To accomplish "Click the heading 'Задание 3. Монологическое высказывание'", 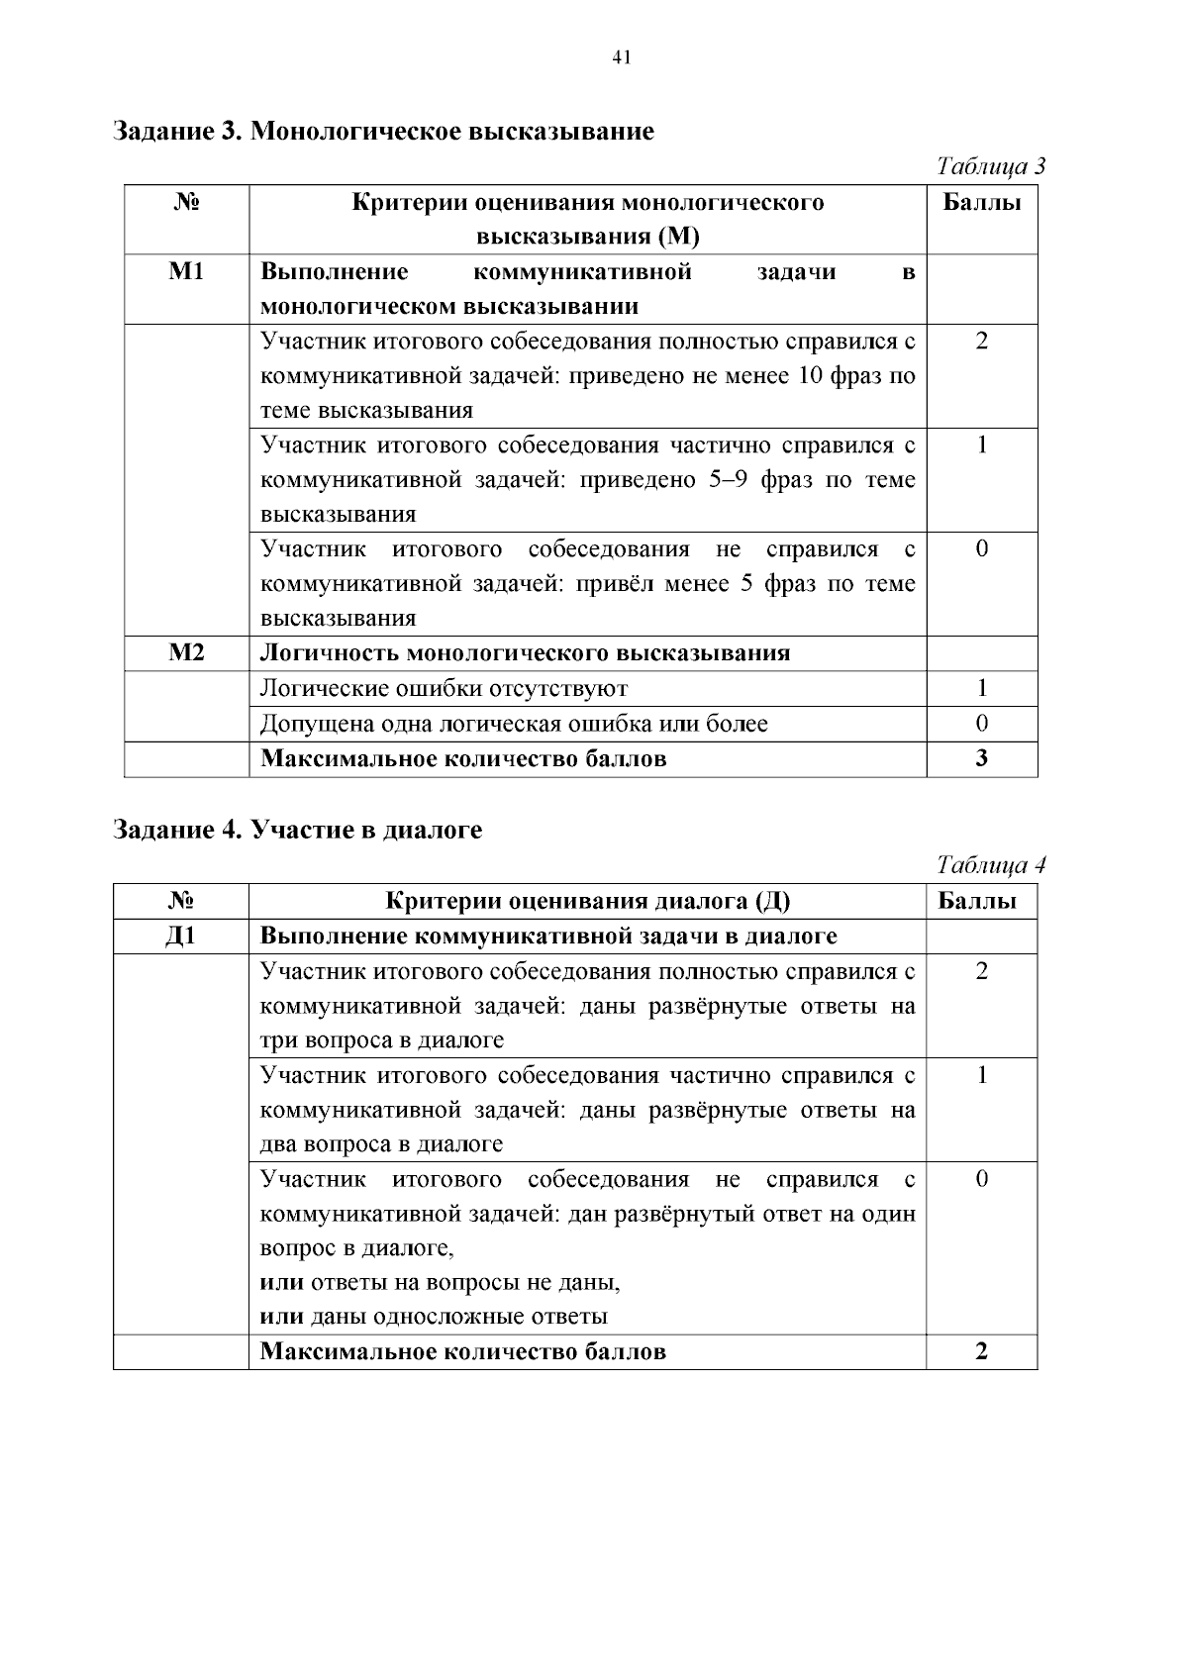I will (x=383, y=131).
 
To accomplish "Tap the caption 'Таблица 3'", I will (x=991, y=166).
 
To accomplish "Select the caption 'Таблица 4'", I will (x=991, y=865).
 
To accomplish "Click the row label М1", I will (x=186, y=272).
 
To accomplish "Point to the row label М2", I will (x=186, y=653).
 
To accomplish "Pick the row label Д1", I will (x=181, y=937).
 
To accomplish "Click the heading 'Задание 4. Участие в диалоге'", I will (x=298, y=830).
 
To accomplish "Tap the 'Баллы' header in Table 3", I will (x=981, y=203).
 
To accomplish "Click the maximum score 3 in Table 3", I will (x=981, y=759).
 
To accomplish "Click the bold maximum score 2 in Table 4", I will (x=981, y=1352).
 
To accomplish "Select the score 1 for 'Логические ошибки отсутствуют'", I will (x=981, y=688).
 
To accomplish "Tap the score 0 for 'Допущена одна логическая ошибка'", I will (x=981, y=724).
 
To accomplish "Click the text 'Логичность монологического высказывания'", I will (x=525, y=653).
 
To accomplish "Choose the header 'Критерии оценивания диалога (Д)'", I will (x=587, y=901).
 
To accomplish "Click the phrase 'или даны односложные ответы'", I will (x=434, y=1317).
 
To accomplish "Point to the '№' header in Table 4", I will (x=181, y=901).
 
